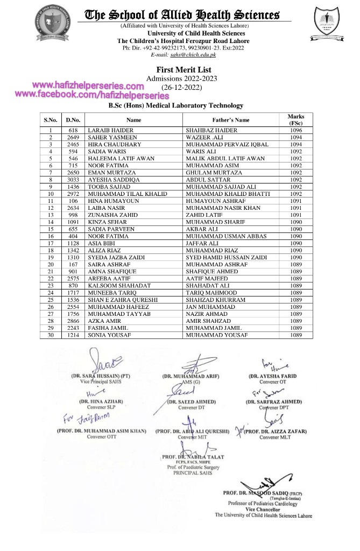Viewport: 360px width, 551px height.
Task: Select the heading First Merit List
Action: coord(183,70)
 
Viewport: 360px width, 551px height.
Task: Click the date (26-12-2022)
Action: coord(183,87)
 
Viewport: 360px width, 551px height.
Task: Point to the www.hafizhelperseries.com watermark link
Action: coord(88,86)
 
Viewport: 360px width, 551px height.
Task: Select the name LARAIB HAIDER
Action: coord(110,131)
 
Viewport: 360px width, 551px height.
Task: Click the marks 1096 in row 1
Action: coord(296,131)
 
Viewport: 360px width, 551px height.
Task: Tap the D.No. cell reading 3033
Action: coord(73,180)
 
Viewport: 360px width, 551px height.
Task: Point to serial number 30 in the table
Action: coord(51,335)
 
